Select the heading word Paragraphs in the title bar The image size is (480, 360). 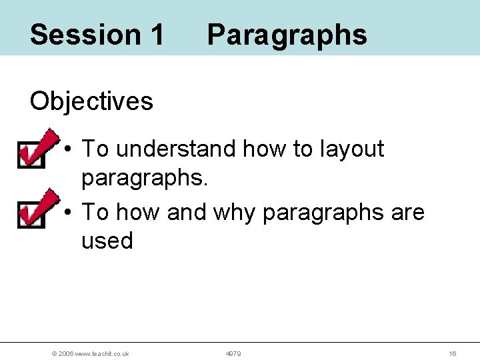tap(287, 35)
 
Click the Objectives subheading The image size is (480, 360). tap(91, 101)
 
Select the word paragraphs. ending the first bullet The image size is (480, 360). tap(144, 177)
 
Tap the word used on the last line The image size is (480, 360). tap(107, 241)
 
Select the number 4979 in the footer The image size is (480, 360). tap(233, 353)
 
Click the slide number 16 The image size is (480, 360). tap(452, 353)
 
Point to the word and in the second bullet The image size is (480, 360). tap(187, 212)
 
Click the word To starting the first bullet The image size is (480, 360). tap(95, 149)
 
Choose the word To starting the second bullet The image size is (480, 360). tap(95, 212)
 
